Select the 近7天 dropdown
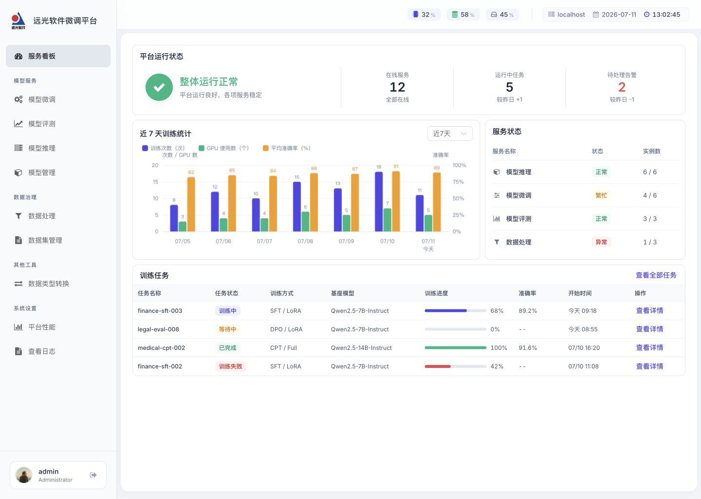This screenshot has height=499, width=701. tap(450, 134)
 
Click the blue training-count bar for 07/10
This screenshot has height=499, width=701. tap(379, 201)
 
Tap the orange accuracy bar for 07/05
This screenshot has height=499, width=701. tap(191, 204)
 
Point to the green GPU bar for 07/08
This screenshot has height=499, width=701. tap(305, 221)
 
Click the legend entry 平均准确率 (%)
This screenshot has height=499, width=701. tap(287, 148)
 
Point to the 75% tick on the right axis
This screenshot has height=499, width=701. tap(458, 182)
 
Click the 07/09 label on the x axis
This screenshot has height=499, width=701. tap(346, 241)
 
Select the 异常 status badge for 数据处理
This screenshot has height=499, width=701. tap(601, 242)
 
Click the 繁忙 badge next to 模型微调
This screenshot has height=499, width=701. tap(601, 195)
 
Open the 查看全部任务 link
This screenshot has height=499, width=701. tap(656, 275)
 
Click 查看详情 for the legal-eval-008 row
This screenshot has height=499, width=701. tap(649, 329)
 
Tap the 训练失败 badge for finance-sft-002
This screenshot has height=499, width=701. tap(230, 366)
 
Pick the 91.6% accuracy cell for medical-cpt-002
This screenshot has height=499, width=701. tap(528, 348)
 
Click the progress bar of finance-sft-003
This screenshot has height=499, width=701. tap(455, 311)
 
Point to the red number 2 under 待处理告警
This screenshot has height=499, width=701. tap(622, 87)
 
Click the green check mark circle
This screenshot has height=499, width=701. tap(159, 87)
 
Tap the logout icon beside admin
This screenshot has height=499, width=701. tap(93, 475)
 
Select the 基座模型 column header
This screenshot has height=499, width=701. tap(342, 293)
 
